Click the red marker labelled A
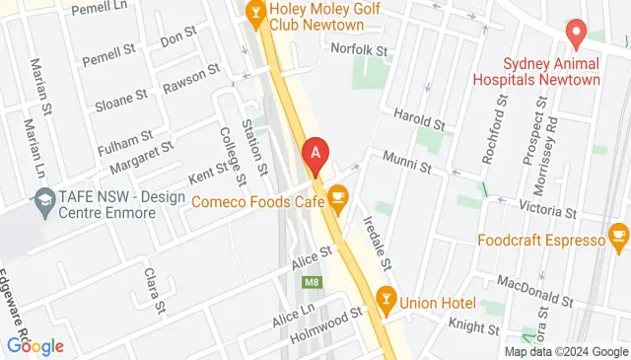[x=315, y=155]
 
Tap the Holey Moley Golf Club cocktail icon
[x=254, y=12]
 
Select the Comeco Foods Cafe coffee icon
[x=338, y=199]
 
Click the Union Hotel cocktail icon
[x=386, y=297]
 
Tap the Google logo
[x=35, y=345]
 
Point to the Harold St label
[x=420, y=119]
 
